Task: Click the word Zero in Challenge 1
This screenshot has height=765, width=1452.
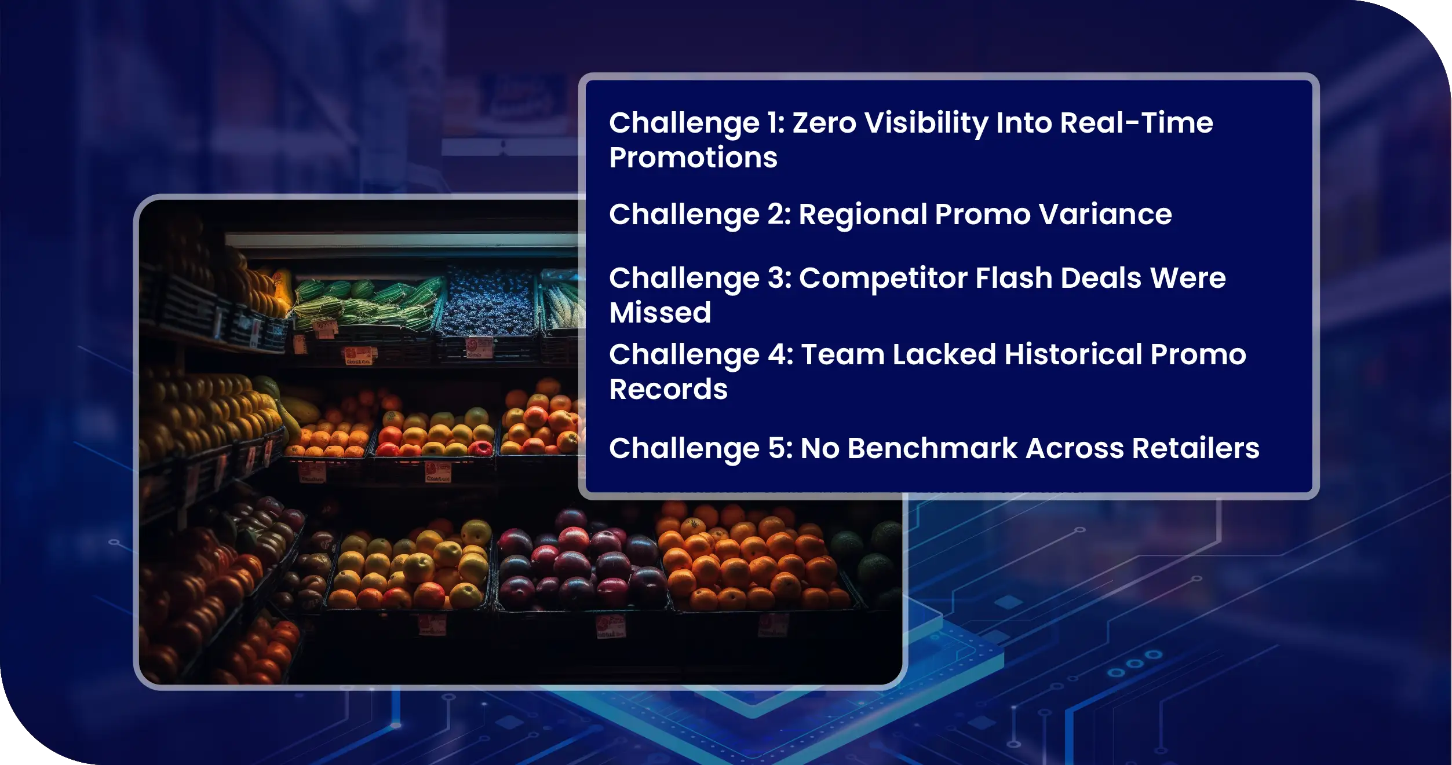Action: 824,123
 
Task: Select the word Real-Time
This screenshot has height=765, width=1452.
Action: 1136,123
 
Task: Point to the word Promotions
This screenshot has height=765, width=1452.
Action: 693,158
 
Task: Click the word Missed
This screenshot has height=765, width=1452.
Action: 660,313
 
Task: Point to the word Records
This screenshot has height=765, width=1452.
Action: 668,389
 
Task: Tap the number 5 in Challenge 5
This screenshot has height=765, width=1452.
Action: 776,448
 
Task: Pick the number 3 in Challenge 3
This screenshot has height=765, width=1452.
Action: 776,278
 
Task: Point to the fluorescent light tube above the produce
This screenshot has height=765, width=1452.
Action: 403,240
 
